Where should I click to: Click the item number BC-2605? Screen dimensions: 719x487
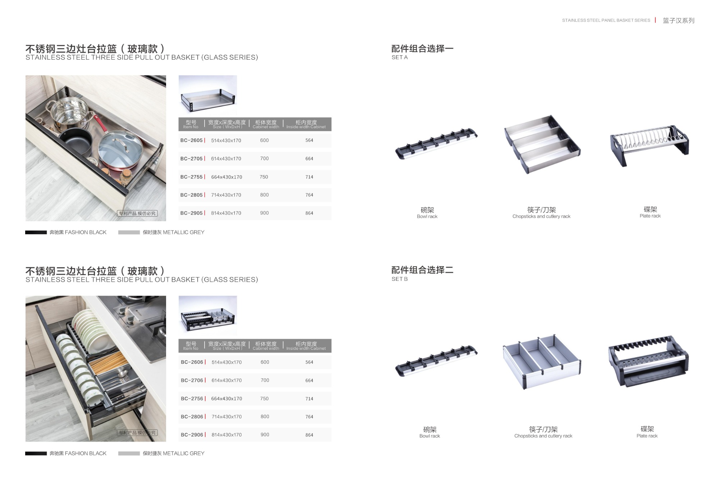(192, 140)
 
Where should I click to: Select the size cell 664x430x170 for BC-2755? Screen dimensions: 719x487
(226, 177)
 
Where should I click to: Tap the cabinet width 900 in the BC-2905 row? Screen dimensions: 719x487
(264, 213)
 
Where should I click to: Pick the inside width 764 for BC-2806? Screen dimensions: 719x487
(309, 417)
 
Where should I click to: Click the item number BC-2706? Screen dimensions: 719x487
(192, 380)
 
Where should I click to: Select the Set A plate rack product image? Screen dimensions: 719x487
(649, 144)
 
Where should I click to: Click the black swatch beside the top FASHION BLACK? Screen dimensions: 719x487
(36, 232)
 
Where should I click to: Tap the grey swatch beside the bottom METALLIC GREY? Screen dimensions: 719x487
(129, 454)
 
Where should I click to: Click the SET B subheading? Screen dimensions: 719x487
(399, 279)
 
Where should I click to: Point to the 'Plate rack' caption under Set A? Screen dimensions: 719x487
(650, 216)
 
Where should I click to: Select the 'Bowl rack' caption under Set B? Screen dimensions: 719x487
(430, 436)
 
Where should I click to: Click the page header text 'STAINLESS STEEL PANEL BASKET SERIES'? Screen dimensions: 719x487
(606, 20)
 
